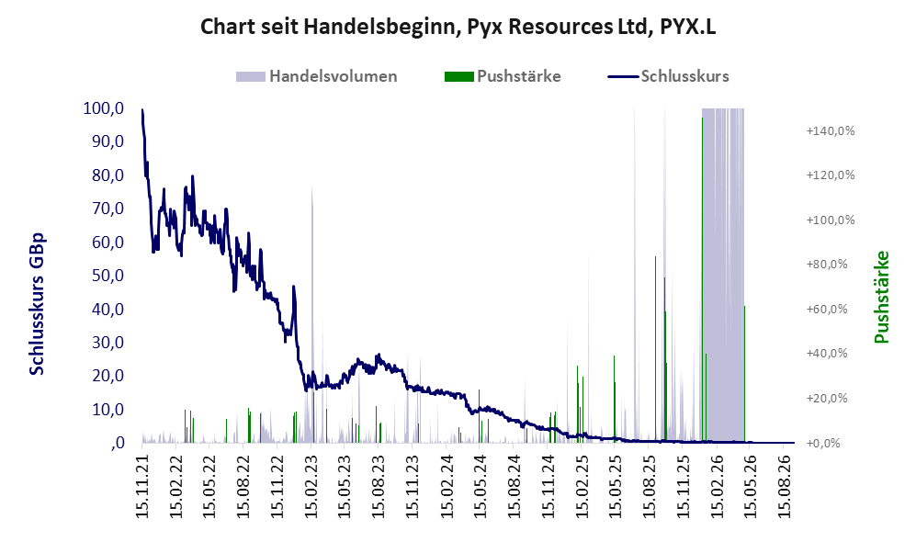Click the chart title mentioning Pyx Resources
click(458, 27)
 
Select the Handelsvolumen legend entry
click(317, 76)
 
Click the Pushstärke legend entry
click(503, 76)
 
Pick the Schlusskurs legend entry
click(668, 76)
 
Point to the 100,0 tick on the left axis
click(104, 108)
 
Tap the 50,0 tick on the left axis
click(108, 275)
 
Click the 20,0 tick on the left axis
click(108, 376)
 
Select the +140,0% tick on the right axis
click(831, 130)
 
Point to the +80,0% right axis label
click(827, 264)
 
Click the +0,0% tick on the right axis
click(823, 443)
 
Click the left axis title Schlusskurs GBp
click(36, 304)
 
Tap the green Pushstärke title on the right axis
click(881, 297)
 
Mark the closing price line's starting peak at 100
click(142, 109)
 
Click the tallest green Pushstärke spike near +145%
click(702, 280)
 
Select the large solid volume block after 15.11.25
click(723, 275)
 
